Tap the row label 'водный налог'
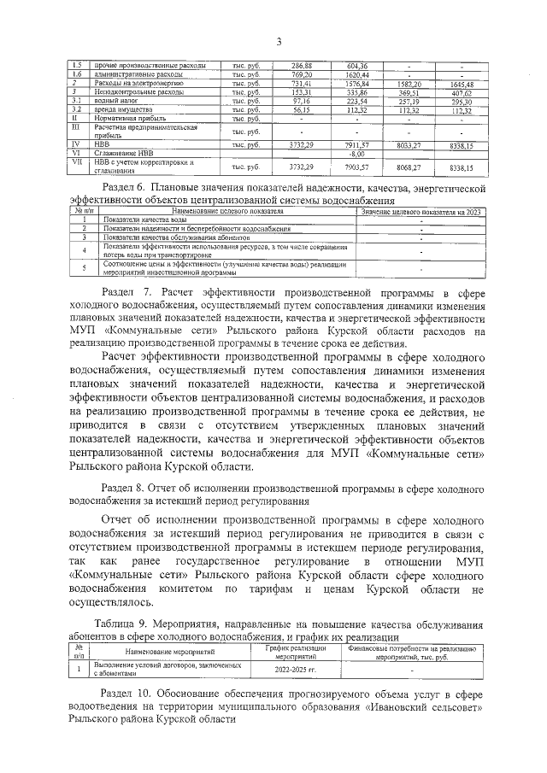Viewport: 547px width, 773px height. (x=115, y=101)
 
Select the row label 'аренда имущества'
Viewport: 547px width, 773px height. (x=123, y=109)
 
